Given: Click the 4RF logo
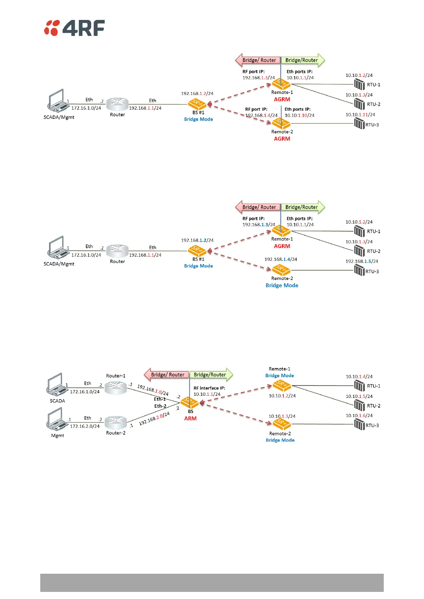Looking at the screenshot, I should click(x=74, y=28).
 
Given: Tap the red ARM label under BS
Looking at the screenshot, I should click(x=190, y=418).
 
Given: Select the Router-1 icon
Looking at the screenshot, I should click(x=116, y=387).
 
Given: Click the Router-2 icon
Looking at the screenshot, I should click(x=116, y=422).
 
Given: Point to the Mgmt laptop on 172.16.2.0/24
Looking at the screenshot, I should click(x=57, y=420).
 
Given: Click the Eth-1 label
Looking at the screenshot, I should click(x=160, y=399).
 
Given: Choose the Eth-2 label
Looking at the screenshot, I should click(x=160, y=406).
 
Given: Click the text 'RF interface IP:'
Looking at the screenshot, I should click(x=209, y=388).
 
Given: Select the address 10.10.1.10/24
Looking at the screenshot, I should click(x=299, y=115).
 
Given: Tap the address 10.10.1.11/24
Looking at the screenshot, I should click(x=360, y=115).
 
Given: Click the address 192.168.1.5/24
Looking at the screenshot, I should click(x=362, y=261).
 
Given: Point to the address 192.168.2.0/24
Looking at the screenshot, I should click(x=154, y=419).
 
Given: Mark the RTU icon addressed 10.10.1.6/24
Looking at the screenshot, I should click(x=359, y=425).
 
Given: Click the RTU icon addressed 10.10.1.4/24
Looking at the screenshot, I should click(x=359, y=385).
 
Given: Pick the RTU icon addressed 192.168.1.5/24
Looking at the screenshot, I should click(x=359, y=270).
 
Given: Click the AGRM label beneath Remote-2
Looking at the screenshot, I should click(x=282, y=138).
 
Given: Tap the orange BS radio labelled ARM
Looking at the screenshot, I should click(x=190, y=403).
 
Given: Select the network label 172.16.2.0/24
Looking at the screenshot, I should click(x=85, y=426).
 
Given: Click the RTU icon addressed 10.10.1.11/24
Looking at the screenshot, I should click(x=359, y=124).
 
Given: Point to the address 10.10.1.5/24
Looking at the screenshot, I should click(x=359, y=396).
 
